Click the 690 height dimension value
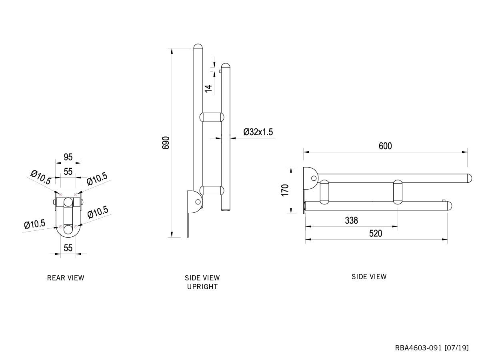166,143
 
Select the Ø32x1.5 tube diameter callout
258,132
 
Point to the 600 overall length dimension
385,146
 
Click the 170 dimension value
285,190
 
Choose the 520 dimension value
376,234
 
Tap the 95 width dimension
68,157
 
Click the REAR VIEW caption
66,278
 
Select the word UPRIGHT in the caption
202,287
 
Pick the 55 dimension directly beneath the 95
68,172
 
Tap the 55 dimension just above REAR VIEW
68,248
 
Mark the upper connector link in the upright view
211,117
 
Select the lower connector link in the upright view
211,190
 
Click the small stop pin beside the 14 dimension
220,71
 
